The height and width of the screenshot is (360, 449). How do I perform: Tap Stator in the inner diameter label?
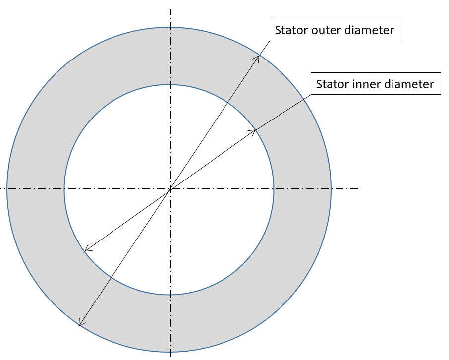click(x=333, y=84)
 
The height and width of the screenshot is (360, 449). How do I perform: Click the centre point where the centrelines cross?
click(x=170, y=189)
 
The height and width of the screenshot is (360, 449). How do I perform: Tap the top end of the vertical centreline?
click(x=170, y=9)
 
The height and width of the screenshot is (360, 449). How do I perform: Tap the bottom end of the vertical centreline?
click(x=170, y=357)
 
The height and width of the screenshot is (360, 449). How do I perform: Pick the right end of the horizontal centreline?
click(x=358, y=189)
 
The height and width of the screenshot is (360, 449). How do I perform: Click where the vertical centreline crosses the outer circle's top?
click(x=170, y=27)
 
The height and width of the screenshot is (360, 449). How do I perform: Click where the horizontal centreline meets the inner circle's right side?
click(x=274, y=189)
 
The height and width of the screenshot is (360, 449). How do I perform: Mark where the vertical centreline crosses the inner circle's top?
click(x=170, y=85)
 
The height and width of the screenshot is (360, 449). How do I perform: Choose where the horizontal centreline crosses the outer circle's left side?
click(x=7, y=189)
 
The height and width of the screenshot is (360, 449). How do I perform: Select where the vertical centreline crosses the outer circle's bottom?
click(x=170, y=352)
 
